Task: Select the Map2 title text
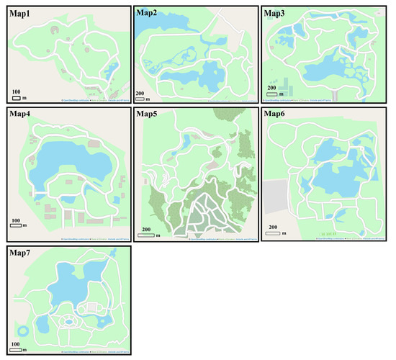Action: click(148, 12)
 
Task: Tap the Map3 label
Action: click(276, 12)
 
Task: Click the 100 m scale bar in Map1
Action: click(17, 97)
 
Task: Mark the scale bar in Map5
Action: click(146, 235)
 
